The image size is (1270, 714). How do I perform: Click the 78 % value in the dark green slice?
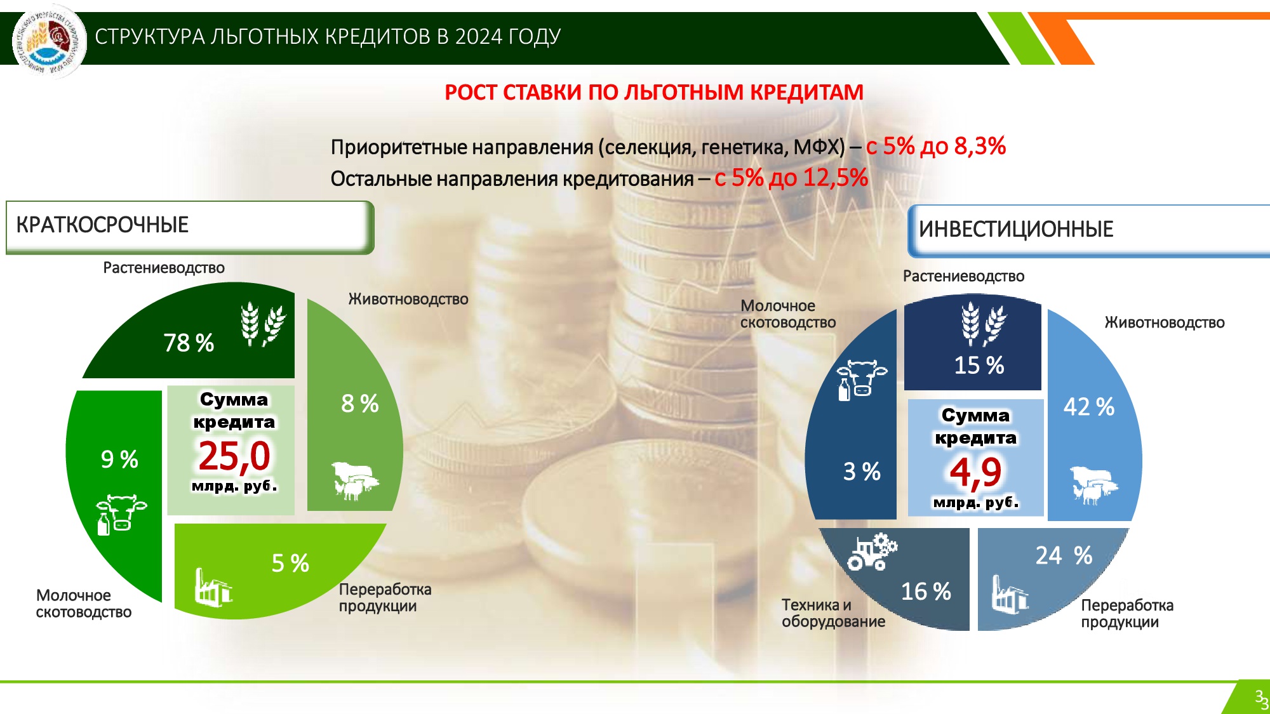click(x=189, y=343)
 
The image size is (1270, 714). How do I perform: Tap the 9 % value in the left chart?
click(x=119, y=459)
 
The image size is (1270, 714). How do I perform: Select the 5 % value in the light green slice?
click(x=290, y=564)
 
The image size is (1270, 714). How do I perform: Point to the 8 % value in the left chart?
click(x=360, y=404)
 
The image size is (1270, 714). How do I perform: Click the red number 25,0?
click(x=234, y=456)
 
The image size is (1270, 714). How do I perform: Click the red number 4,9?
click(x=975, y=472)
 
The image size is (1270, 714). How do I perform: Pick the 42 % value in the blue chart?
click(x=1089, y=407)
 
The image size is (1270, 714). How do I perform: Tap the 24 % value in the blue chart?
click(x=1064, y=556)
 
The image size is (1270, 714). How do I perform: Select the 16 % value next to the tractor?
click(x=926, y=592)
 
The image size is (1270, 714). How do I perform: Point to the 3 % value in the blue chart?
click(x=862, y=472)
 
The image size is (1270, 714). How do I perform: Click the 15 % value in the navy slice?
click(x=979, y=366)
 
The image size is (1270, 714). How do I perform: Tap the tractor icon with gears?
click(x=872, y=552)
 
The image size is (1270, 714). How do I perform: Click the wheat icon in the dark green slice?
click(x=263, y=324)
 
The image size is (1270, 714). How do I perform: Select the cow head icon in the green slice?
click(x=121, y=515)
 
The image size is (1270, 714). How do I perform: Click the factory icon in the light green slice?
click(x=213, y=587)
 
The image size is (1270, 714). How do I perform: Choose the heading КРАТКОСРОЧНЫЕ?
click(x=102, y=225)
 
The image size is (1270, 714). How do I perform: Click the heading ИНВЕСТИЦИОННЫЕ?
click(x=1016, y=229)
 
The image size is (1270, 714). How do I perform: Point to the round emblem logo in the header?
click(x=50, y=41)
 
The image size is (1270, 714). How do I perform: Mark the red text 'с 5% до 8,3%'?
click(x=935, y=147)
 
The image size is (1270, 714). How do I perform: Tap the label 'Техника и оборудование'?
click(x=833, y=613)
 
